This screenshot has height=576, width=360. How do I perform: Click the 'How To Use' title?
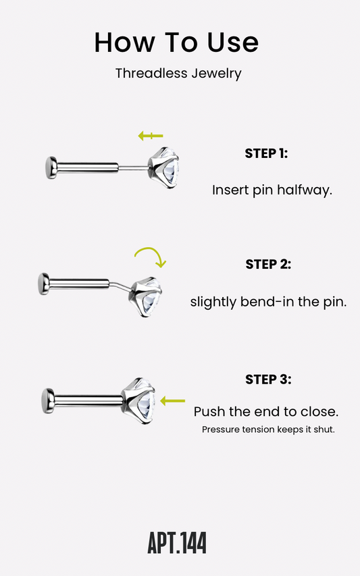176,43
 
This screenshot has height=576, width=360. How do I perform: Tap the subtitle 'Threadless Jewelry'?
178,74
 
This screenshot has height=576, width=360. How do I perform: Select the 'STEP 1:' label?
266,153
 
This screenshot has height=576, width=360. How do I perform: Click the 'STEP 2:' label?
268,264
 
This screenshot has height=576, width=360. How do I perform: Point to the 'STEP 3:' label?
268,379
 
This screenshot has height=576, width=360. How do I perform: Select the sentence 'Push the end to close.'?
266,411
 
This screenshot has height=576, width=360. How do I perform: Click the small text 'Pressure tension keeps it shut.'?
268,429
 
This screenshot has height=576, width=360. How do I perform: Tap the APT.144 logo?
177,542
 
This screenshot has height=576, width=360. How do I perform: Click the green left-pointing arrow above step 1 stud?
150,136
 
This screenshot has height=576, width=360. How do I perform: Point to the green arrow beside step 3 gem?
173,401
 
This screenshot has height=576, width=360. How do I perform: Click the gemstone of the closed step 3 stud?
139,400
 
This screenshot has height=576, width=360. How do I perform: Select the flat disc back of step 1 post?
51,168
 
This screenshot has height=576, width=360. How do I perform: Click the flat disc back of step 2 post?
44,284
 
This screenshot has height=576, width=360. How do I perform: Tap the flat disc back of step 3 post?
48,401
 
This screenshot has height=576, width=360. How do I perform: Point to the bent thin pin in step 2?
120,286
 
